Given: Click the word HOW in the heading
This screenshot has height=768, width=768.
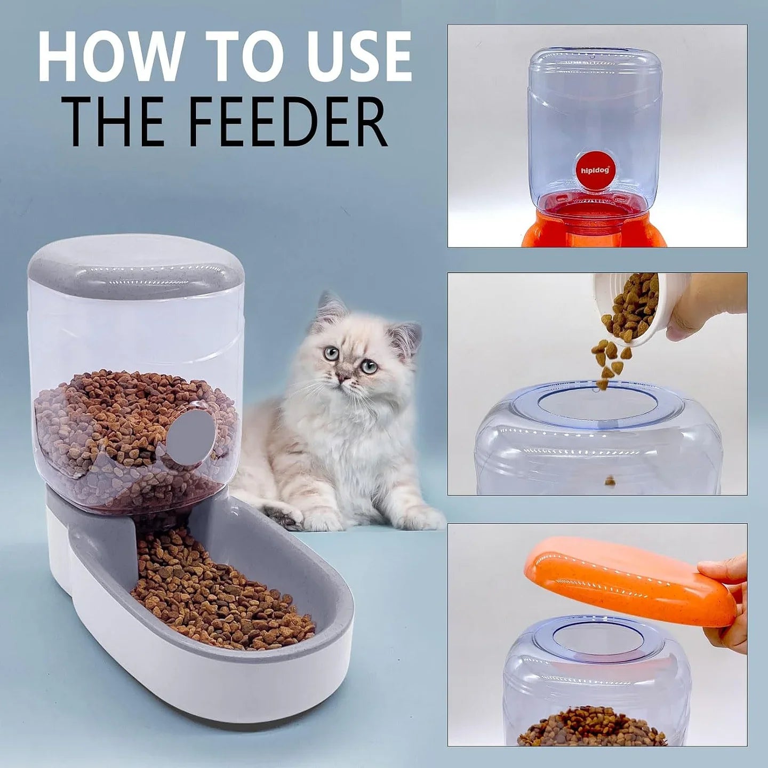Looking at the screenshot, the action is pos(109,57).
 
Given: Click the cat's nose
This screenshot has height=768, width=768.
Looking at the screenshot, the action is pos(346,379).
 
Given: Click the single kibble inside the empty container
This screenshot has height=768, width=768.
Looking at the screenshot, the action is pos(610,481).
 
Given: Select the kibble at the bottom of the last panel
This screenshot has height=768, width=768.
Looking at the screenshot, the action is pos(592,728).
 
